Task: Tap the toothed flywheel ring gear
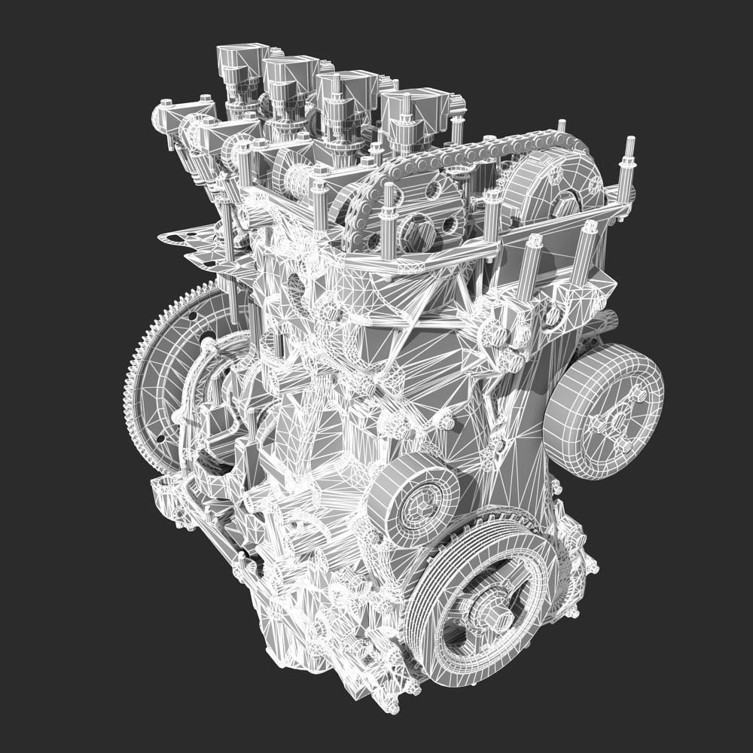(x=139, y=376)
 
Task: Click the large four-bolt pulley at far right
(x=602, y=410)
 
